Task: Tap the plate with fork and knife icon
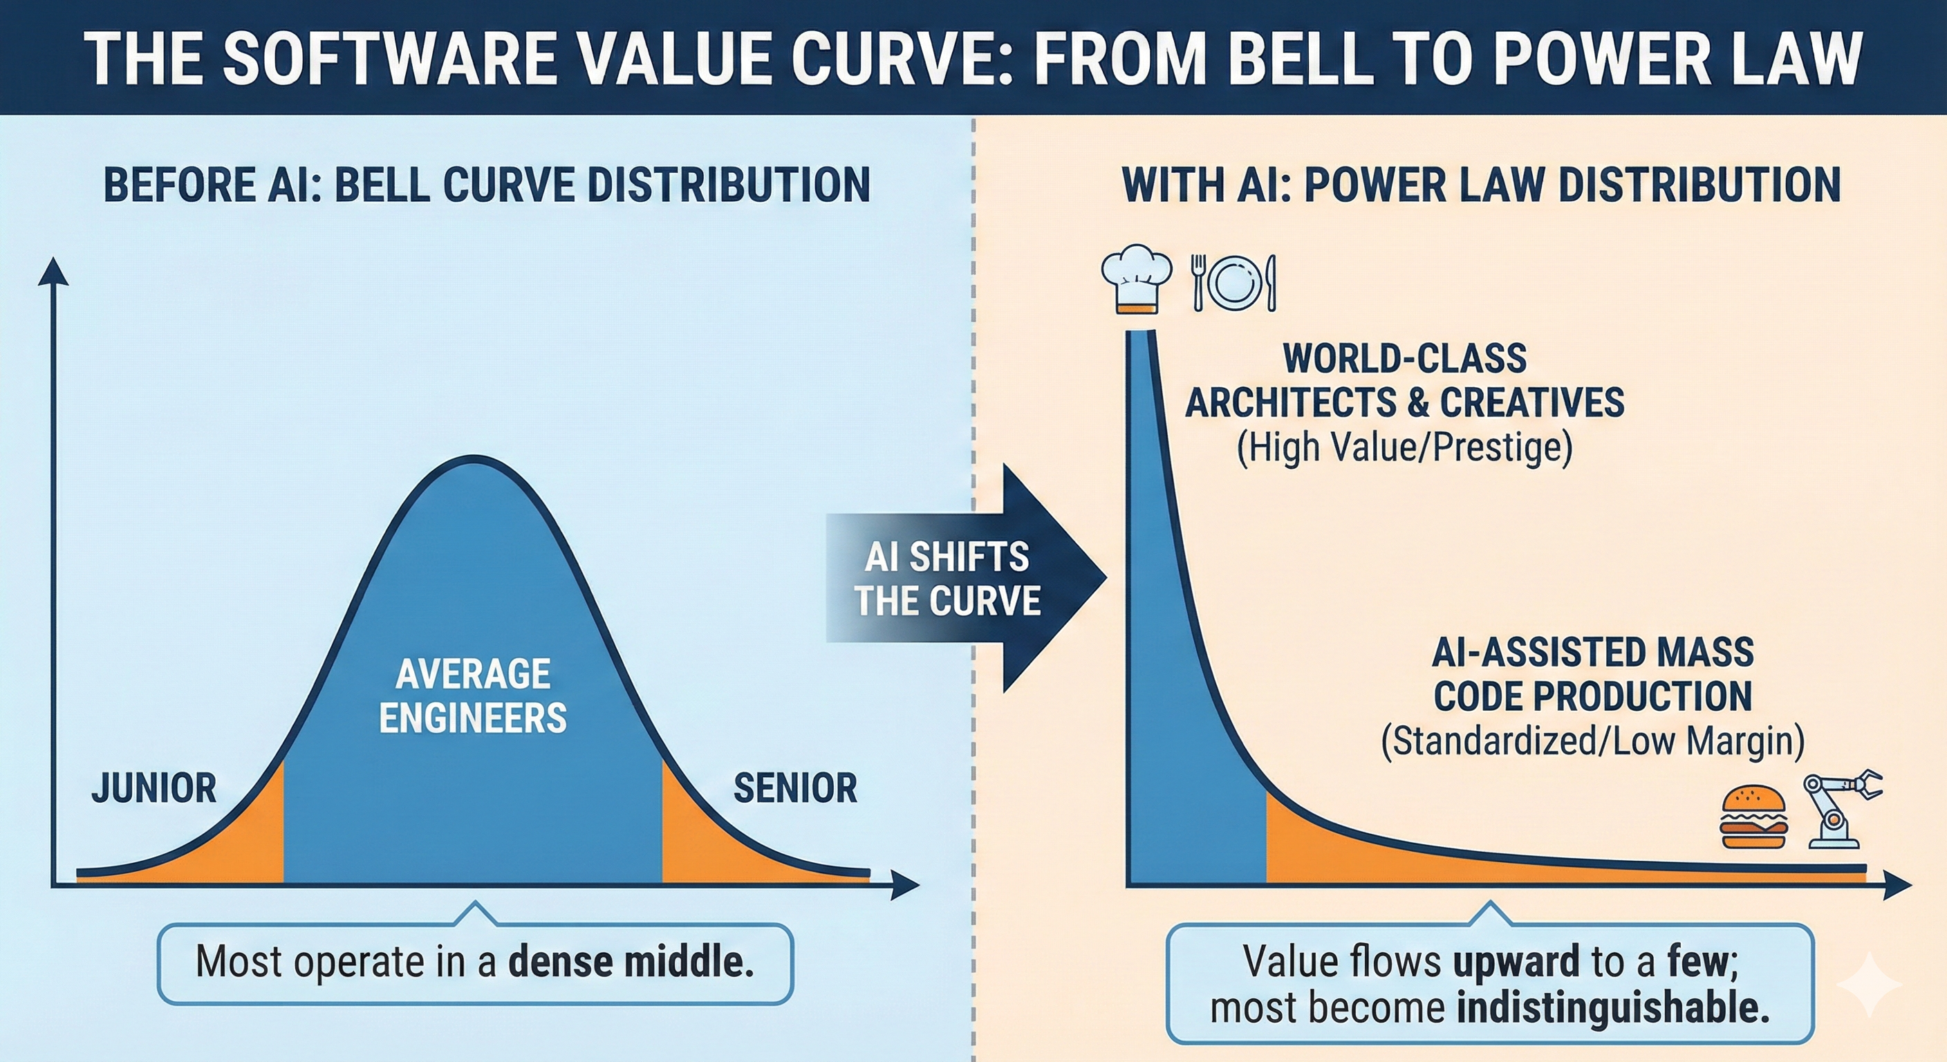[1234, 283]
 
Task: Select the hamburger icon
[1753, 818]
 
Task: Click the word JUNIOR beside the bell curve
[154, 788]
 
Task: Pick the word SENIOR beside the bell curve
[795, 788]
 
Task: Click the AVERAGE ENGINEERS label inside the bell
[473, 696]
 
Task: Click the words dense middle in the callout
[631, 962]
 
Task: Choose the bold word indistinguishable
[1613, 1007]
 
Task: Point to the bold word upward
[1516, 962]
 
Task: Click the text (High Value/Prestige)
[1404, 447]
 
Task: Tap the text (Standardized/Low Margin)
[1592, 740]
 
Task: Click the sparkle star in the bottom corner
[1868, 984]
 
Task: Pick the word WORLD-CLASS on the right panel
[1404, 358]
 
